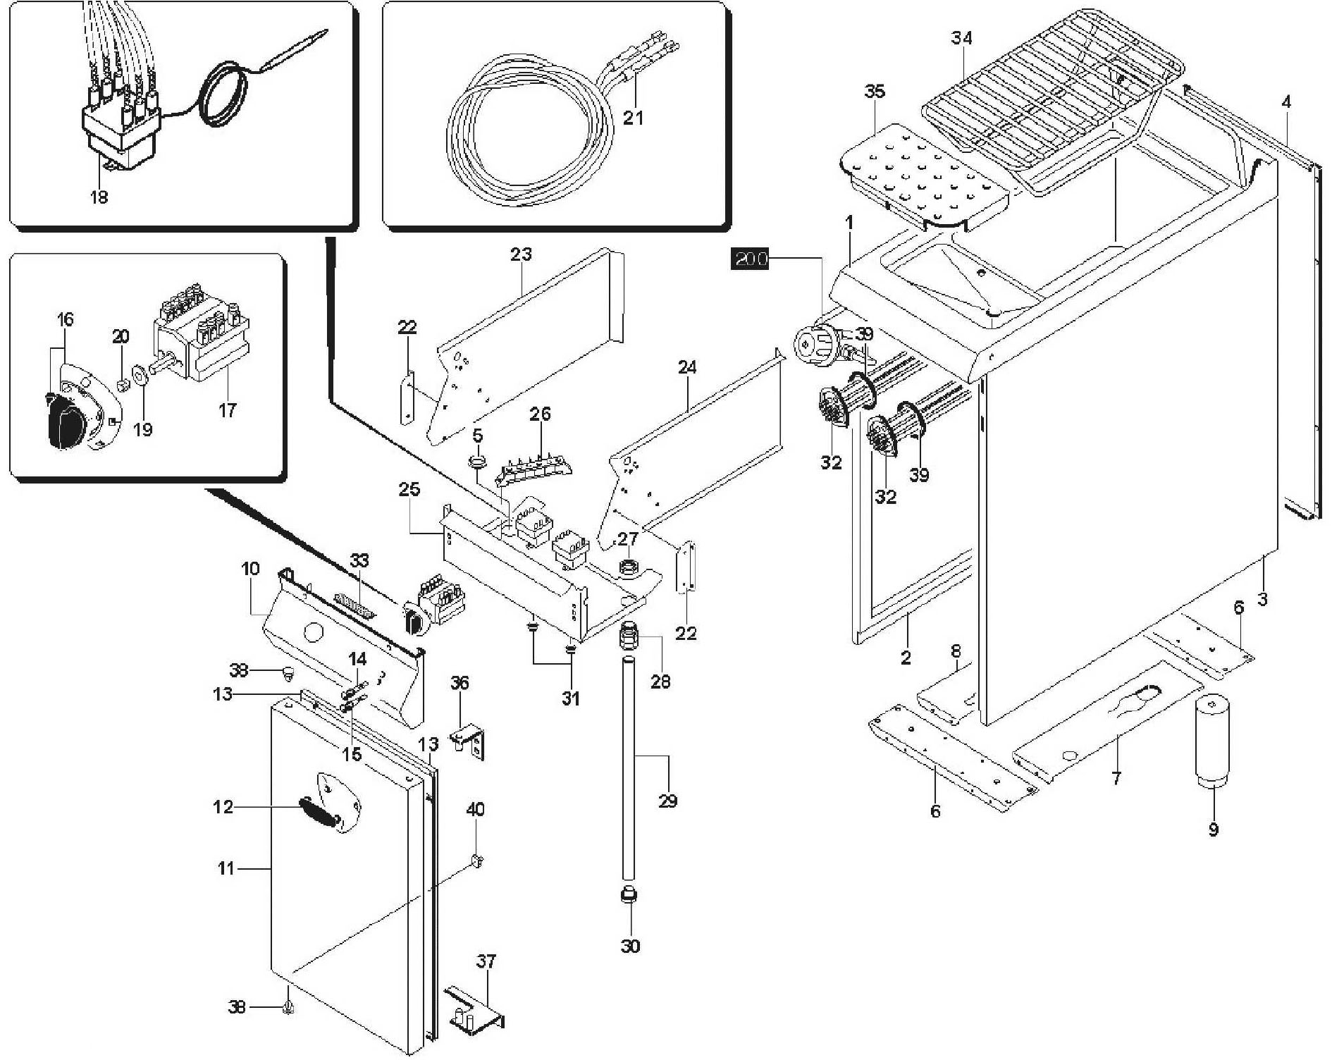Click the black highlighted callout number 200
point(751,259)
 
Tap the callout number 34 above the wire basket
point(961,38)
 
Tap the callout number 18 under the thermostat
point(99,197)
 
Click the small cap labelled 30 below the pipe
point(629,896)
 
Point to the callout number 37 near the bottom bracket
point(486,961)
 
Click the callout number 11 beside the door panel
point(226,868)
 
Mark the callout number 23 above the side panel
point(521,254)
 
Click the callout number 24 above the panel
point(687,367)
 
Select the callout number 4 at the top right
point(1286,102)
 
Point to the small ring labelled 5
point(478,462)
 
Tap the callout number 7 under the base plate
point(1116,778)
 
